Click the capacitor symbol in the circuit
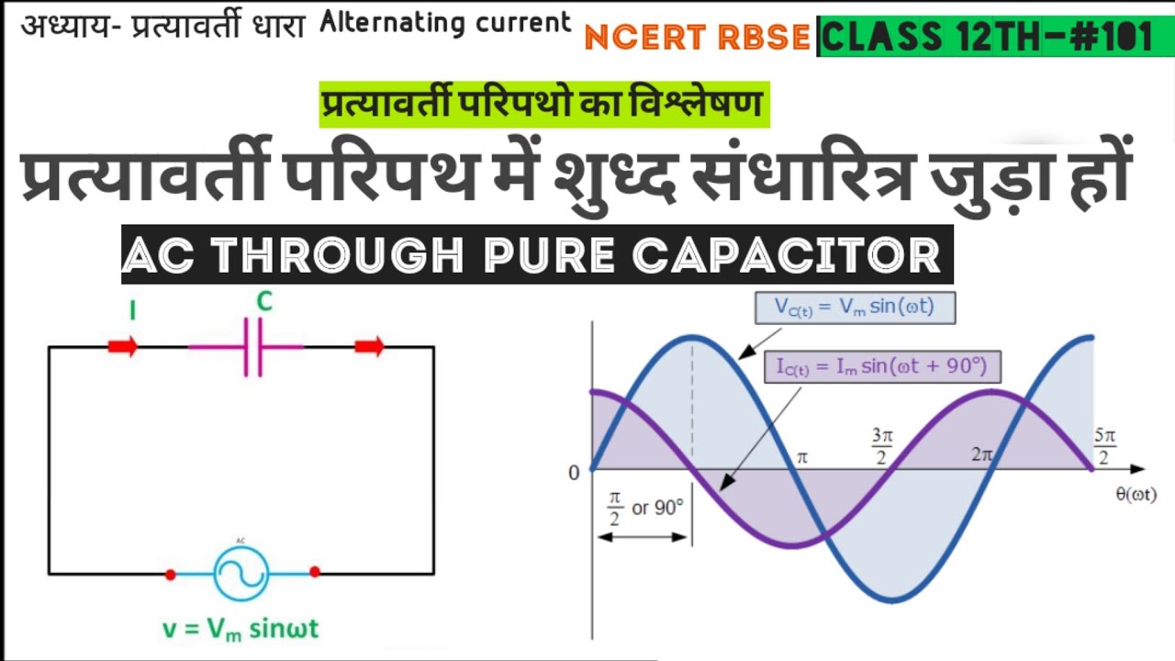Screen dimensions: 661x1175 click(x=252, y=347)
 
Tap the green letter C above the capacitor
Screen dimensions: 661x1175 click(x=264, y=303)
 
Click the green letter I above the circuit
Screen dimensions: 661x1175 click(x=133, y=311)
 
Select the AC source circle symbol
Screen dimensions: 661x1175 click(x=241, y=573)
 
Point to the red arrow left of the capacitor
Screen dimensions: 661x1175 click(x=123, y=347)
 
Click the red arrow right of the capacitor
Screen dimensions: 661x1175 click(x=369, y=347)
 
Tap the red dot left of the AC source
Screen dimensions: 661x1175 click(x=170, y=575)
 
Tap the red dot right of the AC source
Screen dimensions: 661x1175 click(x=315, y=571)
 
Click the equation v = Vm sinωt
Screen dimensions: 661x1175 click(x=241, y=630)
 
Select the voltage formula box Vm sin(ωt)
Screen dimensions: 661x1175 click(x=855, y=308)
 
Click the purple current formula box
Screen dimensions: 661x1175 click(x=882, y=367)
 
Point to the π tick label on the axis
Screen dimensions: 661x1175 click(x=801, y=457)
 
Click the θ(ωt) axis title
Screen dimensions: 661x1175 click(x=1135, y=495)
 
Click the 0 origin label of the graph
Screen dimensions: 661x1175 click(x=575, y=473)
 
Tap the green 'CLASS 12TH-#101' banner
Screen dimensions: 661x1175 click(x=988, y=38)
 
